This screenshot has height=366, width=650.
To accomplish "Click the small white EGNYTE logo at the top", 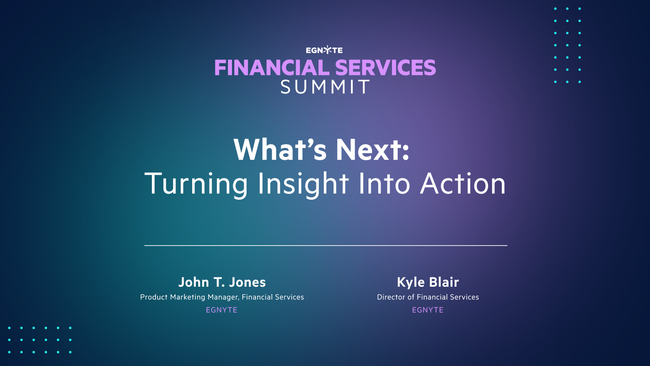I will (x=324, y=50).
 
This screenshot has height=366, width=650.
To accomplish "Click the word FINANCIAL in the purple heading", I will (x=272, y=68).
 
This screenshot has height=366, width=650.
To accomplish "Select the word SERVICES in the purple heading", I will (x=385, y=68).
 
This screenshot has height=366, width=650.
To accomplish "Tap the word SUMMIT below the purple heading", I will (x=325, y=87).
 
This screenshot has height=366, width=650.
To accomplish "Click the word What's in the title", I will (x=280, y=150).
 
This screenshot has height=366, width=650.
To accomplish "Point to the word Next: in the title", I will (x=373, y=150).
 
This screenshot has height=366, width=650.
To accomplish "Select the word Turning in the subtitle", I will (x=196, y=184).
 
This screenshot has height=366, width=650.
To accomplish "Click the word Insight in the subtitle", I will (x=303, y=184).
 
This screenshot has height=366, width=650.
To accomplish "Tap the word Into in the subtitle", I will (x=384, y=184).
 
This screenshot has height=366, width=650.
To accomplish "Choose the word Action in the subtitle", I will (x=463, y=184).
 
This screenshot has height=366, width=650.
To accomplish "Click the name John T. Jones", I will (x=222, y=282).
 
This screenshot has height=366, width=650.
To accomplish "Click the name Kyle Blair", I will (x=428, y=282).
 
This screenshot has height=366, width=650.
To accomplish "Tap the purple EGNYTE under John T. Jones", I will (x=221, y=310).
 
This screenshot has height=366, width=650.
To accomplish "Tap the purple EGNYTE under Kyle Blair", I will (x=428, y=310).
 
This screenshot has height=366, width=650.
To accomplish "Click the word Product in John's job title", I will (x=154, y=297).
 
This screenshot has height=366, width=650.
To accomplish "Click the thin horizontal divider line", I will (x=325, y=246).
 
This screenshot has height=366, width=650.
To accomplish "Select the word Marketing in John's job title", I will (x=187, y=297).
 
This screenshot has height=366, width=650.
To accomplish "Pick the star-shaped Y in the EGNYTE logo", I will (x=327, y=50).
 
